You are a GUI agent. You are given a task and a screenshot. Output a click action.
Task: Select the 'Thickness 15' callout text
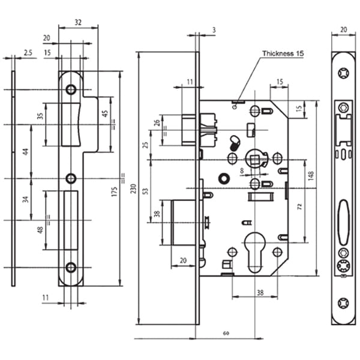[x=283, y=54]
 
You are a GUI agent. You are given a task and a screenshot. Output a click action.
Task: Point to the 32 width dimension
[x=78, y=22]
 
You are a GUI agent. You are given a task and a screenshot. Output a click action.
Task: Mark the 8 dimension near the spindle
[x=242, y=171]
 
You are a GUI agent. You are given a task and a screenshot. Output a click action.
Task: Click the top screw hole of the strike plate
[x=71, y=89]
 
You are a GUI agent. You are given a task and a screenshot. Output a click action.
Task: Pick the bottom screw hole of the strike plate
[x=71, y=268]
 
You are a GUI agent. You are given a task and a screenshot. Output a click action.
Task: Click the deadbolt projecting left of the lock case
[x=182, y=222]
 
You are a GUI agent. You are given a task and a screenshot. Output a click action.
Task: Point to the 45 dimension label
[x=104, y=115]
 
